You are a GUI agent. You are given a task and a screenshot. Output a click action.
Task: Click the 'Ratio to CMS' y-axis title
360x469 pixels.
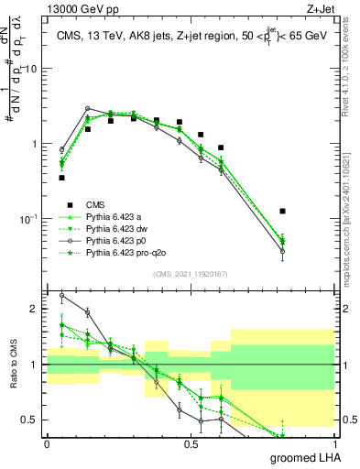(x=13, y=365)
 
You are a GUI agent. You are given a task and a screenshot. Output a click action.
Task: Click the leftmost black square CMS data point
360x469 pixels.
(x=61, y=178)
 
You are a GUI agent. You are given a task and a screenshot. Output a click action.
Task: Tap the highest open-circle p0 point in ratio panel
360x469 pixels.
(x=61, y=296)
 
